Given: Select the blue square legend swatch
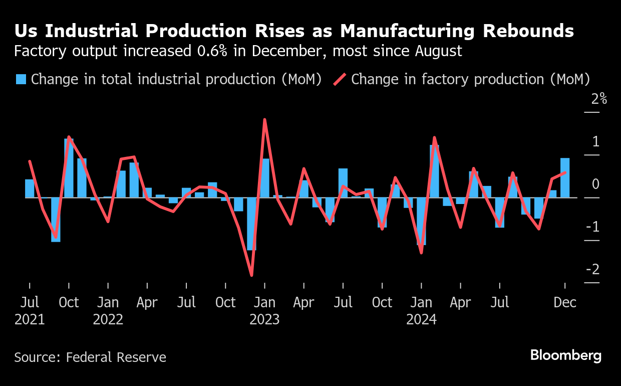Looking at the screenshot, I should click(x=21, y=79).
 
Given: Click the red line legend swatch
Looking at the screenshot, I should click(x=340, y=79).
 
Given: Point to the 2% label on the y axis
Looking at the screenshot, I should click(x=598, y=99).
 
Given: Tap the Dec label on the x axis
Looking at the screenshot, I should click(x=565, y=303).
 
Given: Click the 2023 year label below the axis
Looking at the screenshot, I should click(x=264, y=319).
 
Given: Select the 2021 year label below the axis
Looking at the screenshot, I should click(x=30, y=319).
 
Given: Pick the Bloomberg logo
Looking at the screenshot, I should click(x=566, y=356).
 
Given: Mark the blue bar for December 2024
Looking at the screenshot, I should click(x=565, y=178).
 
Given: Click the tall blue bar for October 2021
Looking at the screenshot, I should click(x=69, y=168).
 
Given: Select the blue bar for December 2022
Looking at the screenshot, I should click(x=251, y=224).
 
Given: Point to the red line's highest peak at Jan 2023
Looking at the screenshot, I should click(x=264, y=120).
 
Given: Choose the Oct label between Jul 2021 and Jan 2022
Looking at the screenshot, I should click(x=69, y=303).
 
